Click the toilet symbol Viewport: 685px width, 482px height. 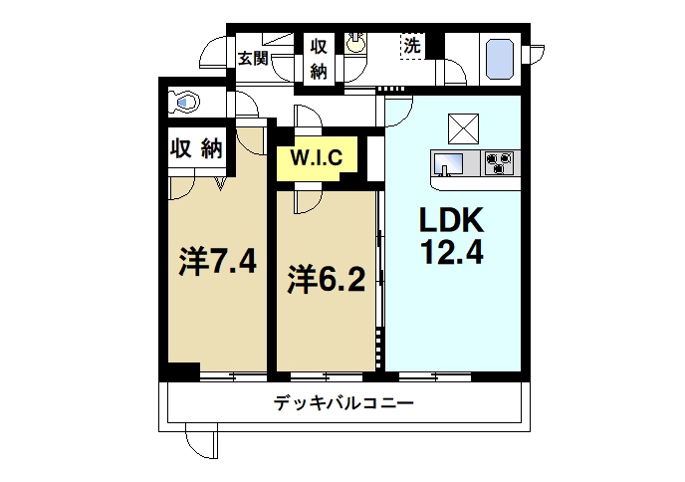185,102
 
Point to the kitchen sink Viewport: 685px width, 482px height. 447,162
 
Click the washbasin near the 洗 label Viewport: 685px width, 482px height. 356,45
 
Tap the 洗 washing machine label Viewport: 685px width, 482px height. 412,46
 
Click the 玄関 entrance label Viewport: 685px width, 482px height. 253,58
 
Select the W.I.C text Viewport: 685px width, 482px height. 317,156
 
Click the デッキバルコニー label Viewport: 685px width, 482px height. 343,404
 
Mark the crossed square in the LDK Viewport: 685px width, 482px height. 461,128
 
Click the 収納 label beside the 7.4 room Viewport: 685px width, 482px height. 195,148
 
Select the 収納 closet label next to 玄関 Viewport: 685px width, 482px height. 319,59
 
